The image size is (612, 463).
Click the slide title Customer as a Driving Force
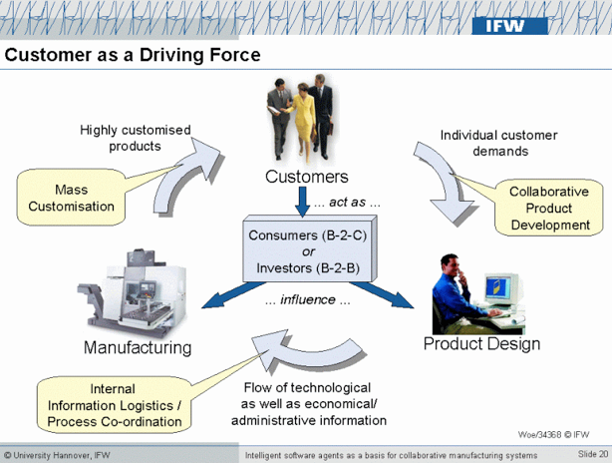[x=133, y=55]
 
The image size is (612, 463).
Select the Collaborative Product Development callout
[x=549, y=209]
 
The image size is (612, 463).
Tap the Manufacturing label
[x=138, y=348]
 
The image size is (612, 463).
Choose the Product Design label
[x=482, y=344]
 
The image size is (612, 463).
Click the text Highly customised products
[x=136, y=138]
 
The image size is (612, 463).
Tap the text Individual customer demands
[x=498, y=143]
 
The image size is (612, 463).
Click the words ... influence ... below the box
[x=308, y=299]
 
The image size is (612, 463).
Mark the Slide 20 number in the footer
[x=592, y=455]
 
